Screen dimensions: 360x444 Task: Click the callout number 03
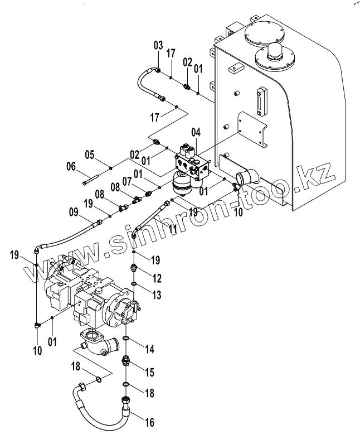pyautogui.click(x=158, y=45)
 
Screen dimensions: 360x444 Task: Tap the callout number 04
pyautogui.click(x=196, y=132)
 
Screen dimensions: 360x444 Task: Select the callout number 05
pyautogui.click(x=90, y=155)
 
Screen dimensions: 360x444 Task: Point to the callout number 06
pyautogui.click(x=71, y=166)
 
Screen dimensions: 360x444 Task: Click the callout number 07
pyautogui.click(x=127, y=181)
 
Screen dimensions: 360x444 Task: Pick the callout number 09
pyautogui.click(x=74, y=212)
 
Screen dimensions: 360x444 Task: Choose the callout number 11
pyautogui.click(x=173, y=229)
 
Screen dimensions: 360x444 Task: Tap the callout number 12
pyautogui.click(x=157, y=278)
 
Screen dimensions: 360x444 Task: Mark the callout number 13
pyautogui.click(x=157, y=295)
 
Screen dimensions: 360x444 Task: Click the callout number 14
pyautogui.click(x=150, y=349)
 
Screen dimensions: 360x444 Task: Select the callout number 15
pyautogui.click(x=150, y=373)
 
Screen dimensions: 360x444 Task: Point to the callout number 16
pyautogui.click(x=150, y=422)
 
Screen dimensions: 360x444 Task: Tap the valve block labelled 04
pyautogui.click(x=193, y=166)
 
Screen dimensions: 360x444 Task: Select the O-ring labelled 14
pyautogui.click(x=126, y=338)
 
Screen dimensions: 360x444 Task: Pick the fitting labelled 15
pyautogui.click(x=125, y=361)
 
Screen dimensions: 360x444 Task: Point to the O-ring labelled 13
pyautogui.click(x=134, y=284)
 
